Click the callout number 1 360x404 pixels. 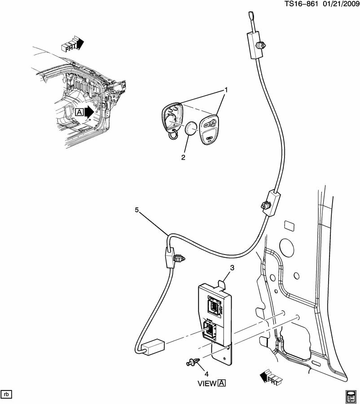pyautogui.click(x=226, y=90)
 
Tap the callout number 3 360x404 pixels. pyautogui.click(x=232, y=268)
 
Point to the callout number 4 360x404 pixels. pyautogui.click(x=207, y=373)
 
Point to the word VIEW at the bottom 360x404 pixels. pyautogui.click(x=207, y=383)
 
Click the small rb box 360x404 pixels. pyautogui.click(x=6, y=394)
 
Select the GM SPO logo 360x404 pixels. pyautogui.click(x=351, y=395)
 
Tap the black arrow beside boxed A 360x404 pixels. pyautogui.click(x=88, y=112)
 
